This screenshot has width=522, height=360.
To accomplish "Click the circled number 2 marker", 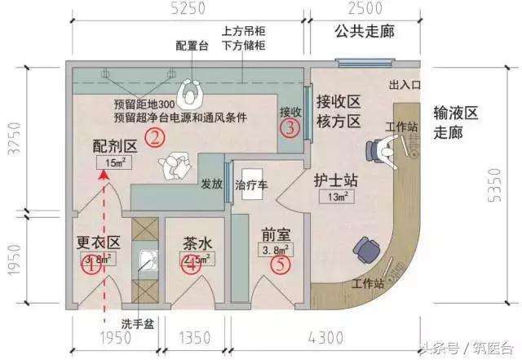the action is pyautogui.click(x=153, y=136).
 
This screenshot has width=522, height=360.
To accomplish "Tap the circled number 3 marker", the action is pyautogui.click(x=290, y=127).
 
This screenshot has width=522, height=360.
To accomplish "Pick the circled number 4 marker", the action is pyautogui.click(x=191, y=265).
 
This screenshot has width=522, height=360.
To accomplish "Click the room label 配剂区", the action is pyautogui.click(x=113, y=146).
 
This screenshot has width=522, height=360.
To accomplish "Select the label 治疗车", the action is pyautogui.click(x=250, y=185).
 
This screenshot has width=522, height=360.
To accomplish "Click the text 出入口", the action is pyautogui.click(x=403, y=85).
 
